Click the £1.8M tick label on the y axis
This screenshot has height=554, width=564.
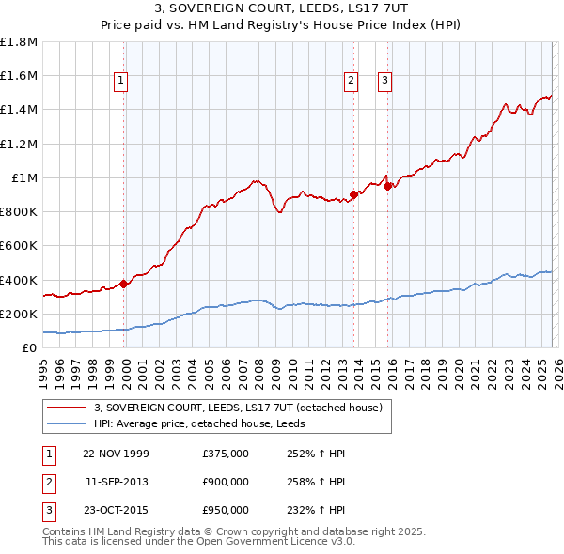click(19, 42)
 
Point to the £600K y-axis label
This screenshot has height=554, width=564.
click(19, 246)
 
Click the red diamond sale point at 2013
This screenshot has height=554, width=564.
click(353, 195)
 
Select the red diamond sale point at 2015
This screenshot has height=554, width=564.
click(388, 187)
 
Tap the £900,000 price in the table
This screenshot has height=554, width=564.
click(225, 482)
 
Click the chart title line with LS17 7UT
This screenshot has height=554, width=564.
click(282, 11)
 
